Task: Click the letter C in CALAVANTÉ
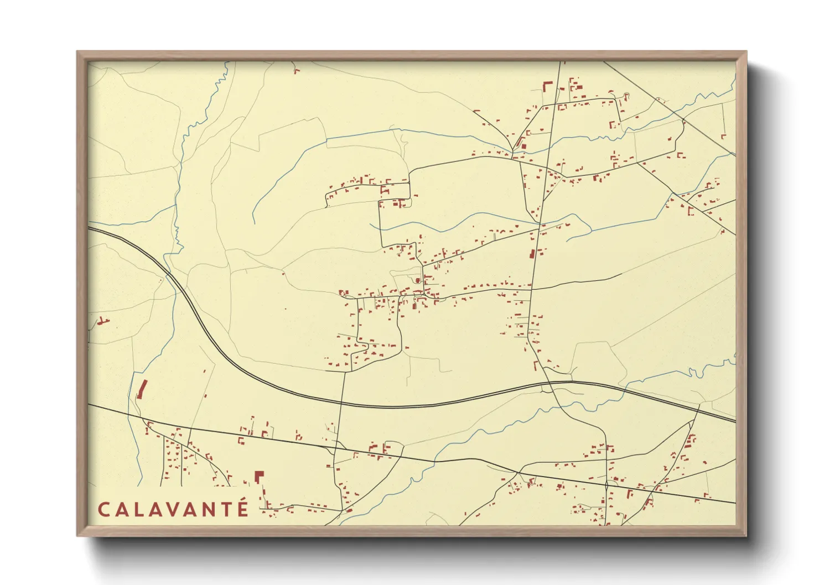tap(103, 509)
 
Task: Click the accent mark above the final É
tap(244, 498)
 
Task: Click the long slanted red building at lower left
tap(141, 389)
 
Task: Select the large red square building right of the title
tap(258, 476)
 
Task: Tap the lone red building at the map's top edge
tap(296, 70)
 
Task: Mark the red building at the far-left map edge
tap(101, 320)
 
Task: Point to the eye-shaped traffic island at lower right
tap(607, 487)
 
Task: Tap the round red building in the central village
tap(418, 280)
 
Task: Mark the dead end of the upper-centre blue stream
tap(253, 223)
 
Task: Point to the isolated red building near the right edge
tap(723, 136)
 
